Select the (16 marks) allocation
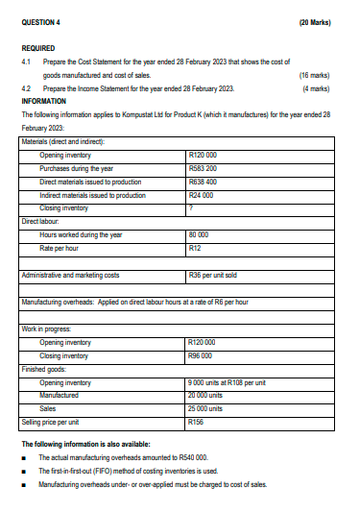315,74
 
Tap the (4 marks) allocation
317,87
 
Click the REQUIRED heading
37,47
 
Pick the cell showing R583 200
204,168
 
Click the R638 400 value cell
204,181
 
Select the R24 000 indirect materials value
202,194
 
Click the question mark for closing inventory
193,207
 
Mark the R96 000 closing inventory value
202,355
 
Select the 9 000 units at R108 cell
227,382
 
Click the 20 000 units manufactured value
207,395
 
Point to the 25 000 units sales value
207,408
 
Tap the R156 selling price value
198,422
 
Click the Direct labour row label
42,221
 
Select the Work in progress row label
46,329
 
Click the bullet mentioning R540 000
123,458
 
